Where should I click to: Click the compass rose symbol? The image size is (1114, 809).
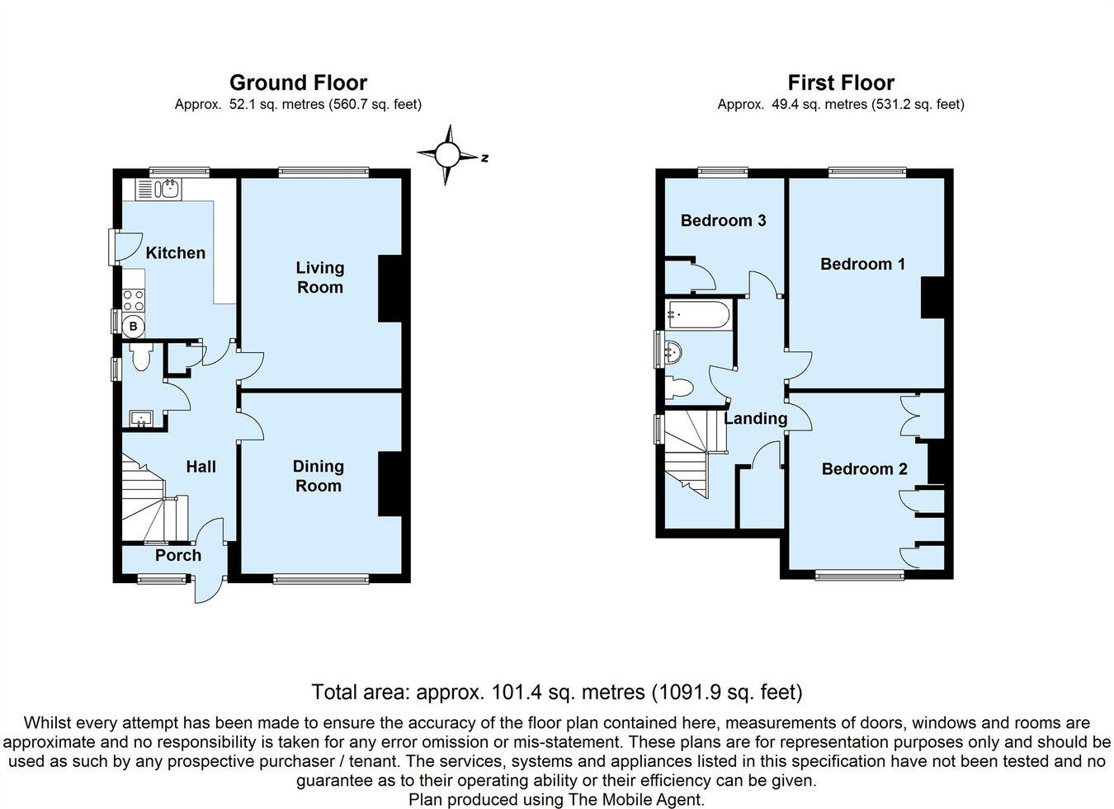click(x=446, y=154)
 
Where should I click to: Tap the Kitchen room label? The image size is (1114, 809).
click(x=175, y=253)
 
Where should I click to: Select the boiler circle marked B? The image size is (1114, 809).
click(x=133, y=327)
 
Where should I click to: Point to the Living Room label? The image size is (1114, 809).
click(x=319, y=277)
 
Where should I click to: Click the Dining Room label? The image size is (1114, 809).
click(x=318, y=476)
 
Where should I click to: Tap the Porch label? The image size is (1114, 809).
click(x=178, y=555)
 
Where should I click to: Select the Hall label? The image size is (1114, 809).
click(x=201, y=467)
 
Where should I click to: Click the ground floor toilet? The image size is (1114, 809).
click(x=140, y=358)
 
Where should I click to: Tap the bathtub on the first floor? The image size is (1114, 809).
click(x=697, y=314)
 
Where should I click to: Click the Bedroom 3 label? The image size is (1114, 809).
click(x=723, y=220)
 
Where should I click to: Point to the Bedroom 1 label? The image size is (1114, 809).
click(x=862, y=264)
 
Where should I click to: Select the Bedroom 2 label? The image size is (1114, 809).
click(x=864, y=468)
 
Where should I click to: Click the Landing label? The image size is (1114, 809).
click(x=755, y=418)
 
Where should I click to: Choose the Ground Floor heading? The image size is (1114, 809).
click(x=298, y=82)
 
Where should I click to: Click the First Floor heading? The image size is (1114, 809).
click(x=840, y=82)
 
